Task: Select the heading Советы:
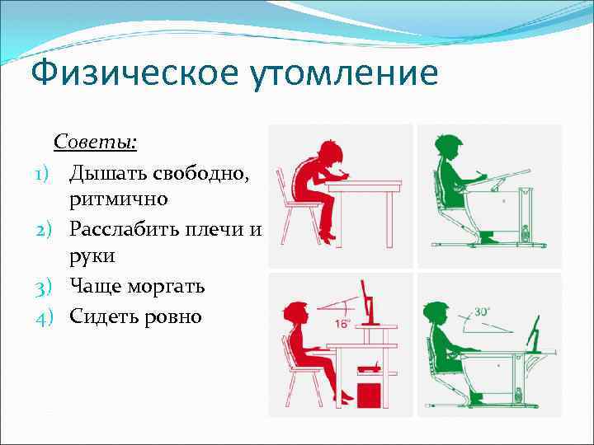click(x=96, y=142)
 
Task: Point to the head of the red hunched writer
click(x=327, y=152)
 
